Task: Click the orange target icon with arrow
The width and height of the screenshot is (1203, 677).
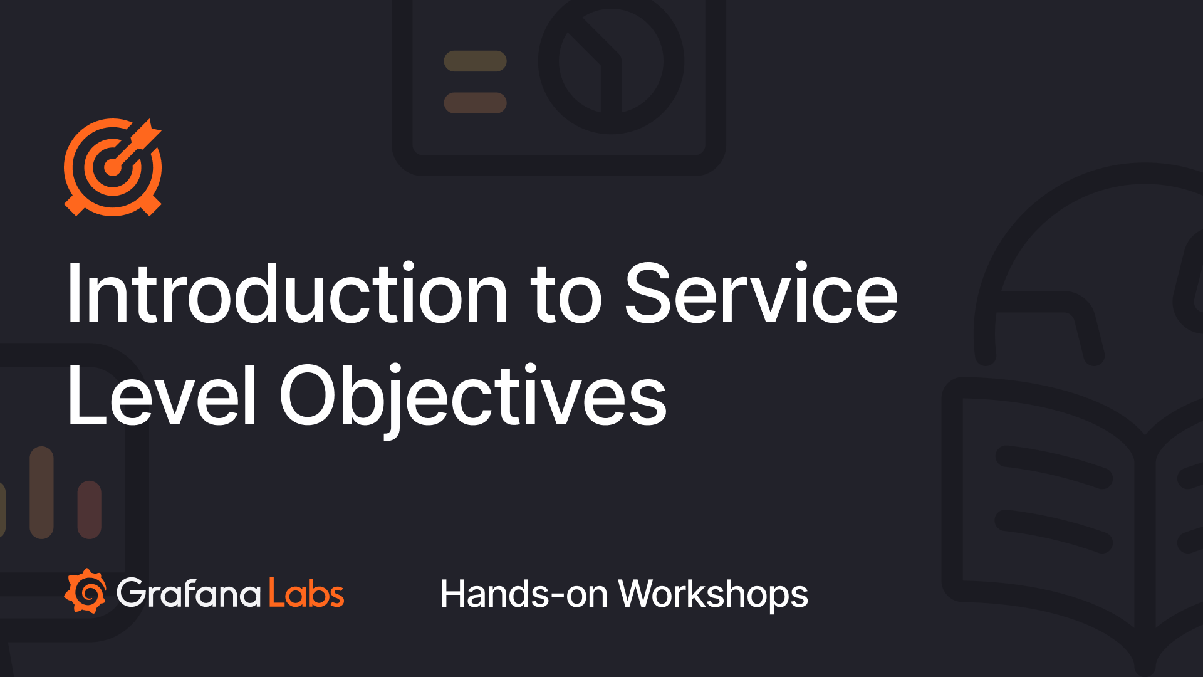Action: click(x=113, y=167)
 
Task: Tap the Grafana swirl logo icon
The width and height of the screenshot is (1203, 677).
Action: click(x=86, y=591)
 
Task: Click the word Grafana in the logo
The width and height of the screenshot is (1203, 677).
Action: click(x=189, y=593)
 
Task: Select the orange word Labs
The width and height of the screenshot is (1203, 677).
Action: click(x=306, y=593)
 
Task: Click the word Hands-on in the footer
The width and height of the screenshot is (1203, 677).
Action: click(x=524, y=594)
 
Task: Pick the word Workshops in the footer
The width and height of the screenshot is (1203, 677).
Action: click(x=713, y=594)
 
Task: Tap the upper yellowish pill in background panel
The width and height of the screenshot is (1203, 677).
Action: click(x=475, y=61)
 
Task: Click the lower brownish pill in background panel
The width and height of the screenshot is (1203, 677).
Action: click(x=475, y=103)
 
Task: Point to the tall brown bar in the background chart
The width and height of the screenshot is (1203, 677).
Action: click(x=41, y=493)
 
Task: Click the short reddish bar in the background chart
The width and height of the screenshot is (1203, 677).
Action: click(x=89, y=510)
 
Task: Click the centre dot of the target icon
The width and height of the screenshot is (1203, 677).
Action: click(x=113, y=167)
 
